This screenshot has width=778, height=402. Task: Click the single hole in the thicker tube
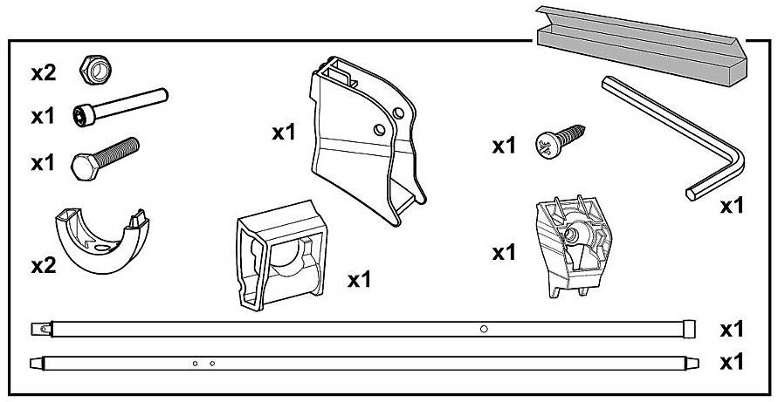[x=484, y=329]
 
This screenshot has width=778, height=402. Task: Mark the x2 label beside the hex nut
[x=44, y=73]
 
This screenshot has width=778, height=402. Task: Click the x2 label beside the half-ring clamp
[x=44, y=265]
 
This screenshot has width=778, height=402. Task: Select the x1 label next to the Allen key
[x=732, y=208]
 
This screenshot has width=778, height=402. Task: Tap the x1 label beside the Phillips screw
[x=505, y=146]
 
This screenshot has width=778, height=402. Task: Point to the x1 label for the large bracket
[x=285, y=133]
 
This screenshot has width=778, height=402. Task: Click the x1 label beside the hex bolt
[x=44, y=163]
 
